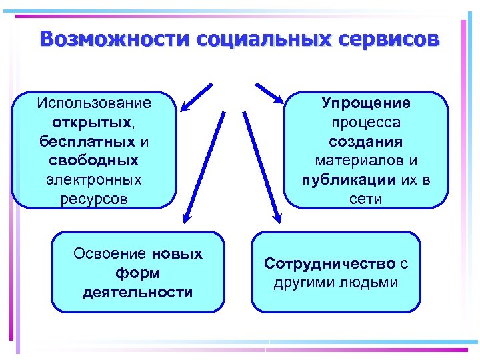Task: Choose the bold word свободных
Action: (x=94, y=161)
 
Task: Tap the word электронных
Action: (x=94, y=179)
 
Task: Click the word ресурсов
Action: (x=94, y=199)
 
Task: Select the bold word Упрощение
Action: (x=366, y=103)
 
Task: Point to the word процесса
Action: (x=366, y=123)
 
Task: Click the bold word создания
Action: (x=366, y=141)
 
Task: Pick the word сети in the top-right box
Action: (x=366, y=199)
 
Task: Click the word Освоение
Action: (x=110, y=254)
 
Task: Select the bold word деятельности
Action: (x=138, y=293)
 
